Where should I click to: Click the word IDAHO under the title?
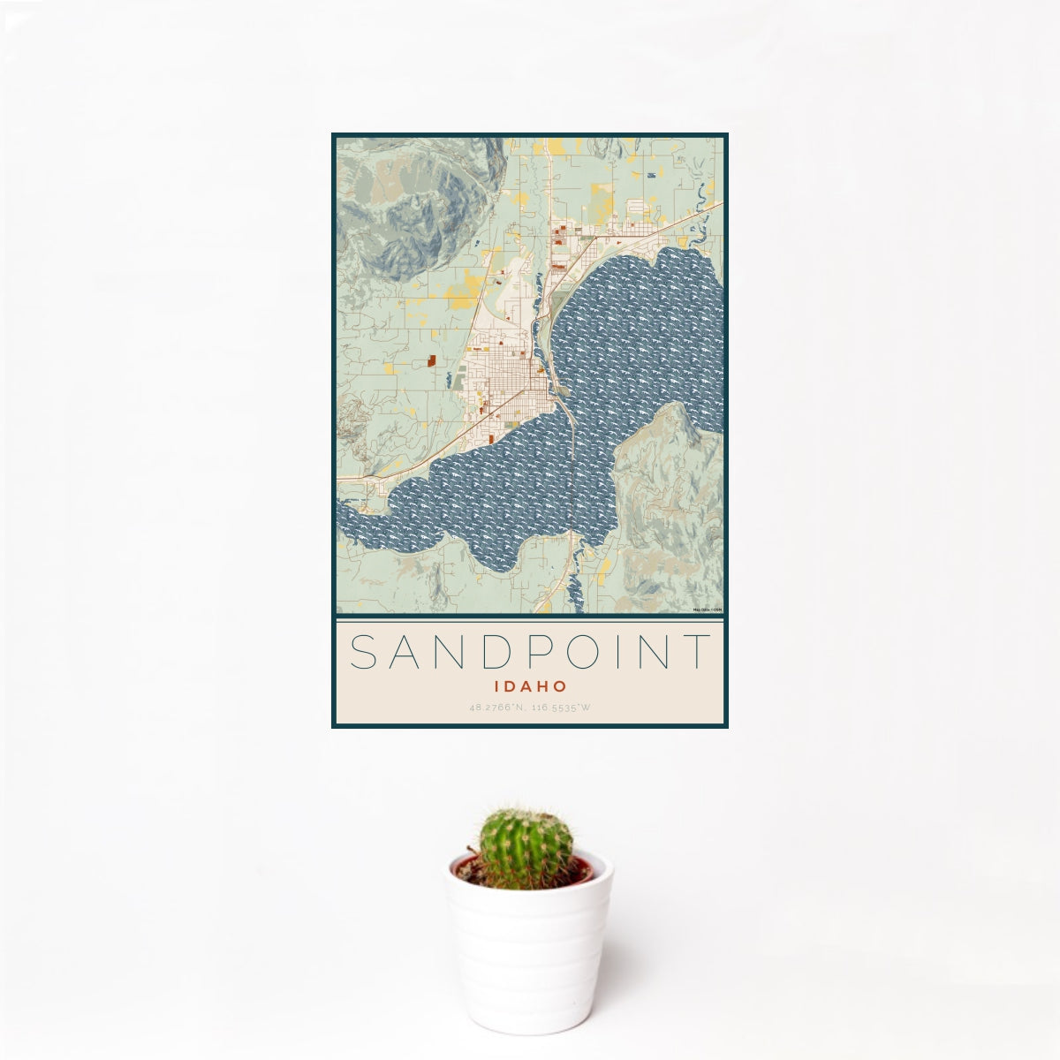pos(530,685)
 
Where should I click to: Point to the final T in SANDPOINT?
pos(698,652)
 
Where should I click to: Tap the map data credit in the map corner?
pos(708,609)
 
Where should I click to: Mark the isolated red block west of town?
pos(432,360)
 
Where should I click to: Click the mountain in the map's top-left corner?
pos(406,208)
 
